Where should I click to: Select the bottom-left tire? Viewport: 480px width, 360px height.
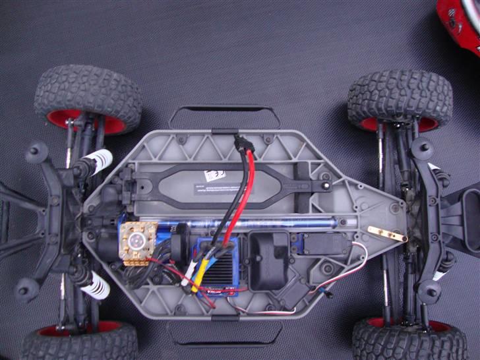tap(79, 343)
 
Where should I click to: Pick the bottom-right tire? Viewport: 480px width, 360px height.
tap(409, 339)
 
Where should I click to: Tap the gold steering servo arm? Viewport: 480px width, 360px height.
tap(386, 233)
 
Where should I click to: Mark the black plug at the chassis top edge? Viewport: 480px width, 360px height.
tap(243, 144)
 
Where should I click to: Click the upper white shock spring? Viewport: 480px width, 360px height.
tap(98, 160)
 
